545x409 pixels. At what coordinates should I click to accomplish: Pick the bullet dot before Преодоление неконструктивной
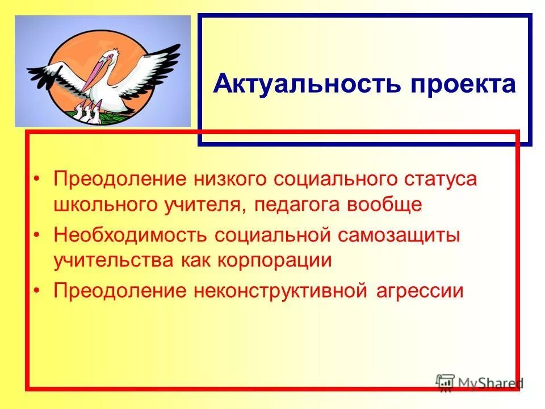pos(37,291)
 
